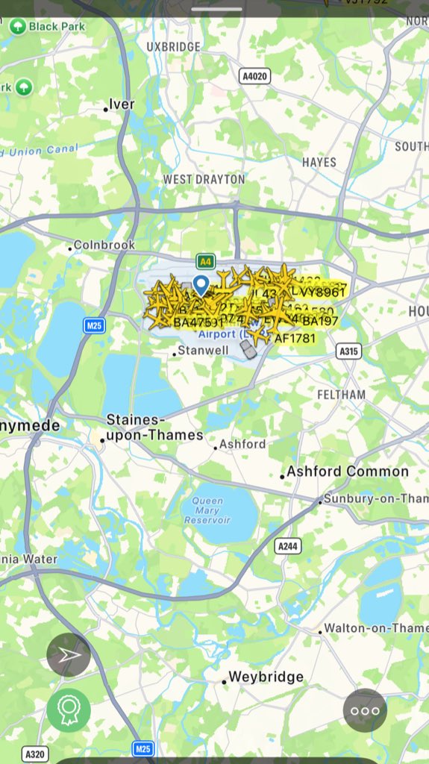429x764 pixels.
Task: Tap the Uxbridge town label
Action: click(173, 47)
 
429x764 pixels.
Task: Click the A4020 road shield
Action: click(254, 76)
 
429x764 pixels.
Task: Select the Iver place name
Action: click(122, 104)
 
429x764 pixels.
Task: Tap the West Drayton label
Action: click(204, 179)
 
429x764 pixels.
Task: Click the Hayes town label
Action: click(319, 162)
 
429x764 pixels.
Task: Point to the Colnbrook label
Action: click(104, 245)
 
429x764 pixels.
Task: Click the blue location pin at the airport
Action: click(201, 284)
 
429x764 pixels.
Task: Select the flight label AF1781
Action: click(295, 338)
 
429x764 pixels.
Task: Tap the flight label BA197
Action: click(320, 321)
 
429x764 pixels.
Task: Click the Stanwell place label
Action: click(202, 351)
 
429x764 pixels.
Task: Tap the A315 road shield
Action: click(348, 351)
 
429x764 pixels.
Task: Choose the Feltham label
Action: click(341, 394)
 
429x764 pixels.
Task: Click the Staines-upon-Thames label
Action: click(154, 428)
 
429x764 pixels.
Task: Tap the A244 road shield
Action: click(288, 546)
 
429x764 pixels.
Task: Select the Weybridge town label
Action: click(266, 677)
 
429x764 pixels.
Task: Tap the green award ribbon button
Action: click(69, 710)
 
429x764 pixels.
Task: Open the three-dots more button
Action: click(365, 710)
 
